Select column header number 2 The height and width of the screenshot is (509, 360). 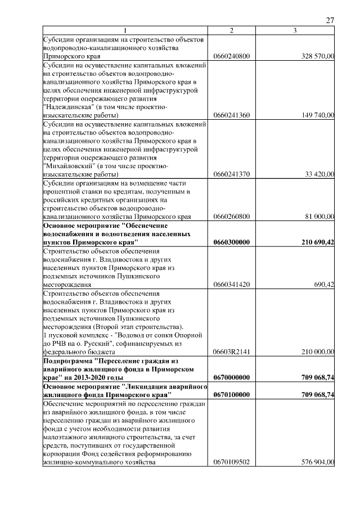pos(232,30)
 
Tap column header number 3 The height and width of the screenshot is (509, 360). pos(295,30)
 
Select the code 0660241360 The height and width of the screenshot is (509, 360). pos(232,115)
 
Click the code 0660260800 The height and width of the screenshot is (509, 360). pos(232,217)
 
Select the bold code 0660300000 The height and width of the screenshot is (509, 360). pos(232,242)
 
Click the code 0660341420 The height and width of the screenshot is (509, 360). pos(232,285)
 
